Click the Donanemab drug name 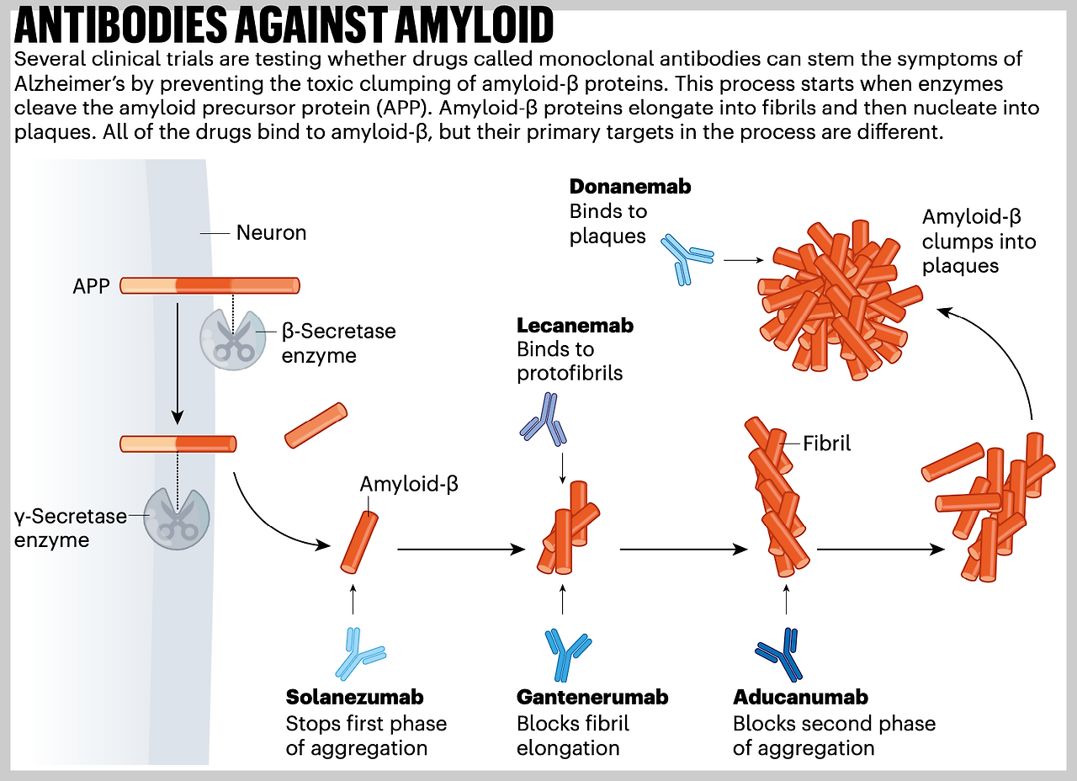coord(629,187)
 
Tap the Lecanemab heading coord(575,326)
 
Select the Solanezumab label coord(354,698)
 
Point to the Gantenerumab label coord(592,698)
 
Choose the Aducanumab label coord(800,698)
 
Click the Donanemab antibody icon coord(687,256)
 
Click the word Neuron coord(271,233)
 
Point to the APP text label coord(92,286)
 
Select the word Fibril coord(827,444)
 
